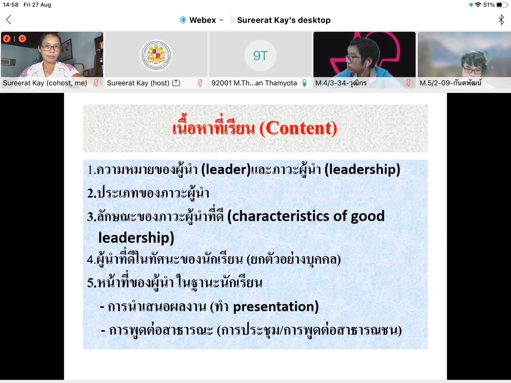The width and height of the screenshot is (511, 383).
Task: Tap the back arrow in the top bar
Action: tap(9, 20)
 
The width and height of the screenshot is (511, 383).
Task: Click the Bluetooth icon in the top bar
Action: tap(501, 20)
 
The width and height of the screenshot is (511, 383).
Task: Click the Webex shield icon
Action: tap(183, 20)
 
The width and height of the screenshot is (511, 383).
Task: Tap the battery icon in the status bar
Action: tap(502, 4)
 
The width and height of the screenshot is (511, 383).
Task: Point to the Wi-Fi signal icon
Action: tap(478, 4)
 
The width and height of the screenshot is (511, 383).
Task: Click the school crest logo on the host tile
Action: tap(156, 55)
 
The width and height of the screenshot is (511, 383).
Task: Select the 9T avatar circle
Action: tap(260, 55)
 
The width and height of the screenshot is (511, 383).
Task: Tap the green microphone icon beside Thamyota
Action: tap(304, 83)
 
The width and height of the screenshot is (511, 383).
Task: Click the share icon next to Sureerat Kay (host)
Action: tap(176, 83)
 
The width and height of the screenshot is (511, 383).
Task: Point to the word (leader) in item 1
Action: tap(226, 169)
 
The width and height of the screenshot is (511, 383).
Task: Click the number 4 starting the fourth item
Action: tap(90, 259)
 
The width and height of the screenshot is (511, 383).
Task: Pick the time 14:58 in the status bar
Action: tap(11, 4)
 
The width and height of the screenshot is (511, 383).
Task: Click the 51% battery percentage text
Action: tap(489, 4)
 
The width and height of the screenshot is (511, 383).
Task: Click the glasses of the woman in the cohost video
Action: tap(50, 48)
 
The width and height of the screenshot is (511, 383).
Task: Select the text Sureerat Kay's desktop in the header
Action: tap(284, 20)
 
